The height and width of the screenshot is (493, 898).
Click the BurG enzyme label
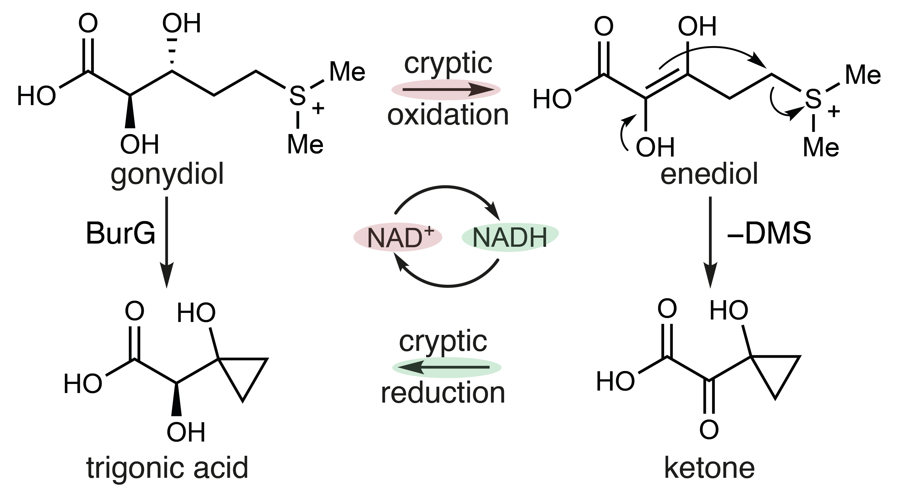point(120,234)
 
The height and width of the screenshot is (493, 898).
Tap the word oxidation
point(448,115)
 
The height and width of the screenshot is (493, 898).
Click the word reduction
point(443,393)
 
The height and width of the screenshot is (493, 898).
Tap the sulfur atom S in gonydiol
point(297,96)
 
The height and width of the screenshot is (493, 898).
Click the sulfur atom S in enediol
point(813,99)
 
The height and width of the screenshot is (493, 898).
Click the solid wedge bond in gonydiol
point(130,112)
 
